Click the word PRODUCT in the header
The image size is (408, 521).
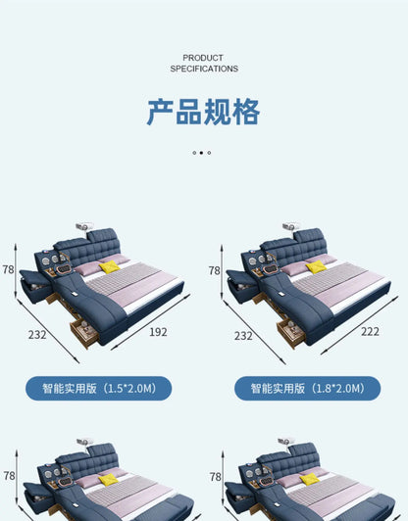tap(203, 58)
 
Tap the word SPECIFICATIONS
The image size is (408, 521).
tap(204, 69)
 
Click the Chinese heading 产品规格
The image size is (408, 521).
tap(203, 112)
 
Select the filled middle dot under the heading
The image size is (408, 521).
tap(201, 153)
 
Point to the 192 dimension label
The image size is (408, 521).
tap(158, 332)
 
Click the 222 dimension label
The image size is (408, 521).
tap(370, 331)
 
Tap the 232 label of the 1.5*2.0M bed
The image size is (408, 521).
tap(37, 335)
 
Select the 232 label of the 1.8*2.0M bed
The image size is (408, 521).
tap(243, 336)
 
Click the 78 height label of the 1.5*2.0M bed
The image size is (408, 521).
tap(8, 269)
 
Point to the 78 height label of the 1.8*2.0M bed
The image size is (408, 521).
tap(215, 270)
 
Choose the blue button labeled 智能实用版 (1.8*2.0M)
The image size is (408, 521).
tap(308, 388)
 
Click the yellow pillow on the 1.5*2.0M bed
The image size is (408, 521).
tap(110, 266)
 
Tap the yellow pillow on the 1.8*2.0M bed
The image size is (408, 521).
tap(317, 266)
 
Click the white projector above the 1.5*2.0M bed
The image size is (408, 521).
tap(84, 226)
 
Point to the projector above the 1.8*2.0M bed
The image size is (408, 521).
tap(290, 226)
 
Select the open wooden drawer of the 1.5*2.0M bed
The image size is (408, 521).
tap(84, 333)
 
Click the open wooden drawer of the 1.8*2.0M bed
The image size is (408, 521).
tap(291, 333)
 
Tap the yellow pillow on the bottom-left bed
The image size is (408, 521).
tap(109, 480)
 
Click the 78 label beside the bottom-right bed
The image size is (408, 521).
tap(216, 477)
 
